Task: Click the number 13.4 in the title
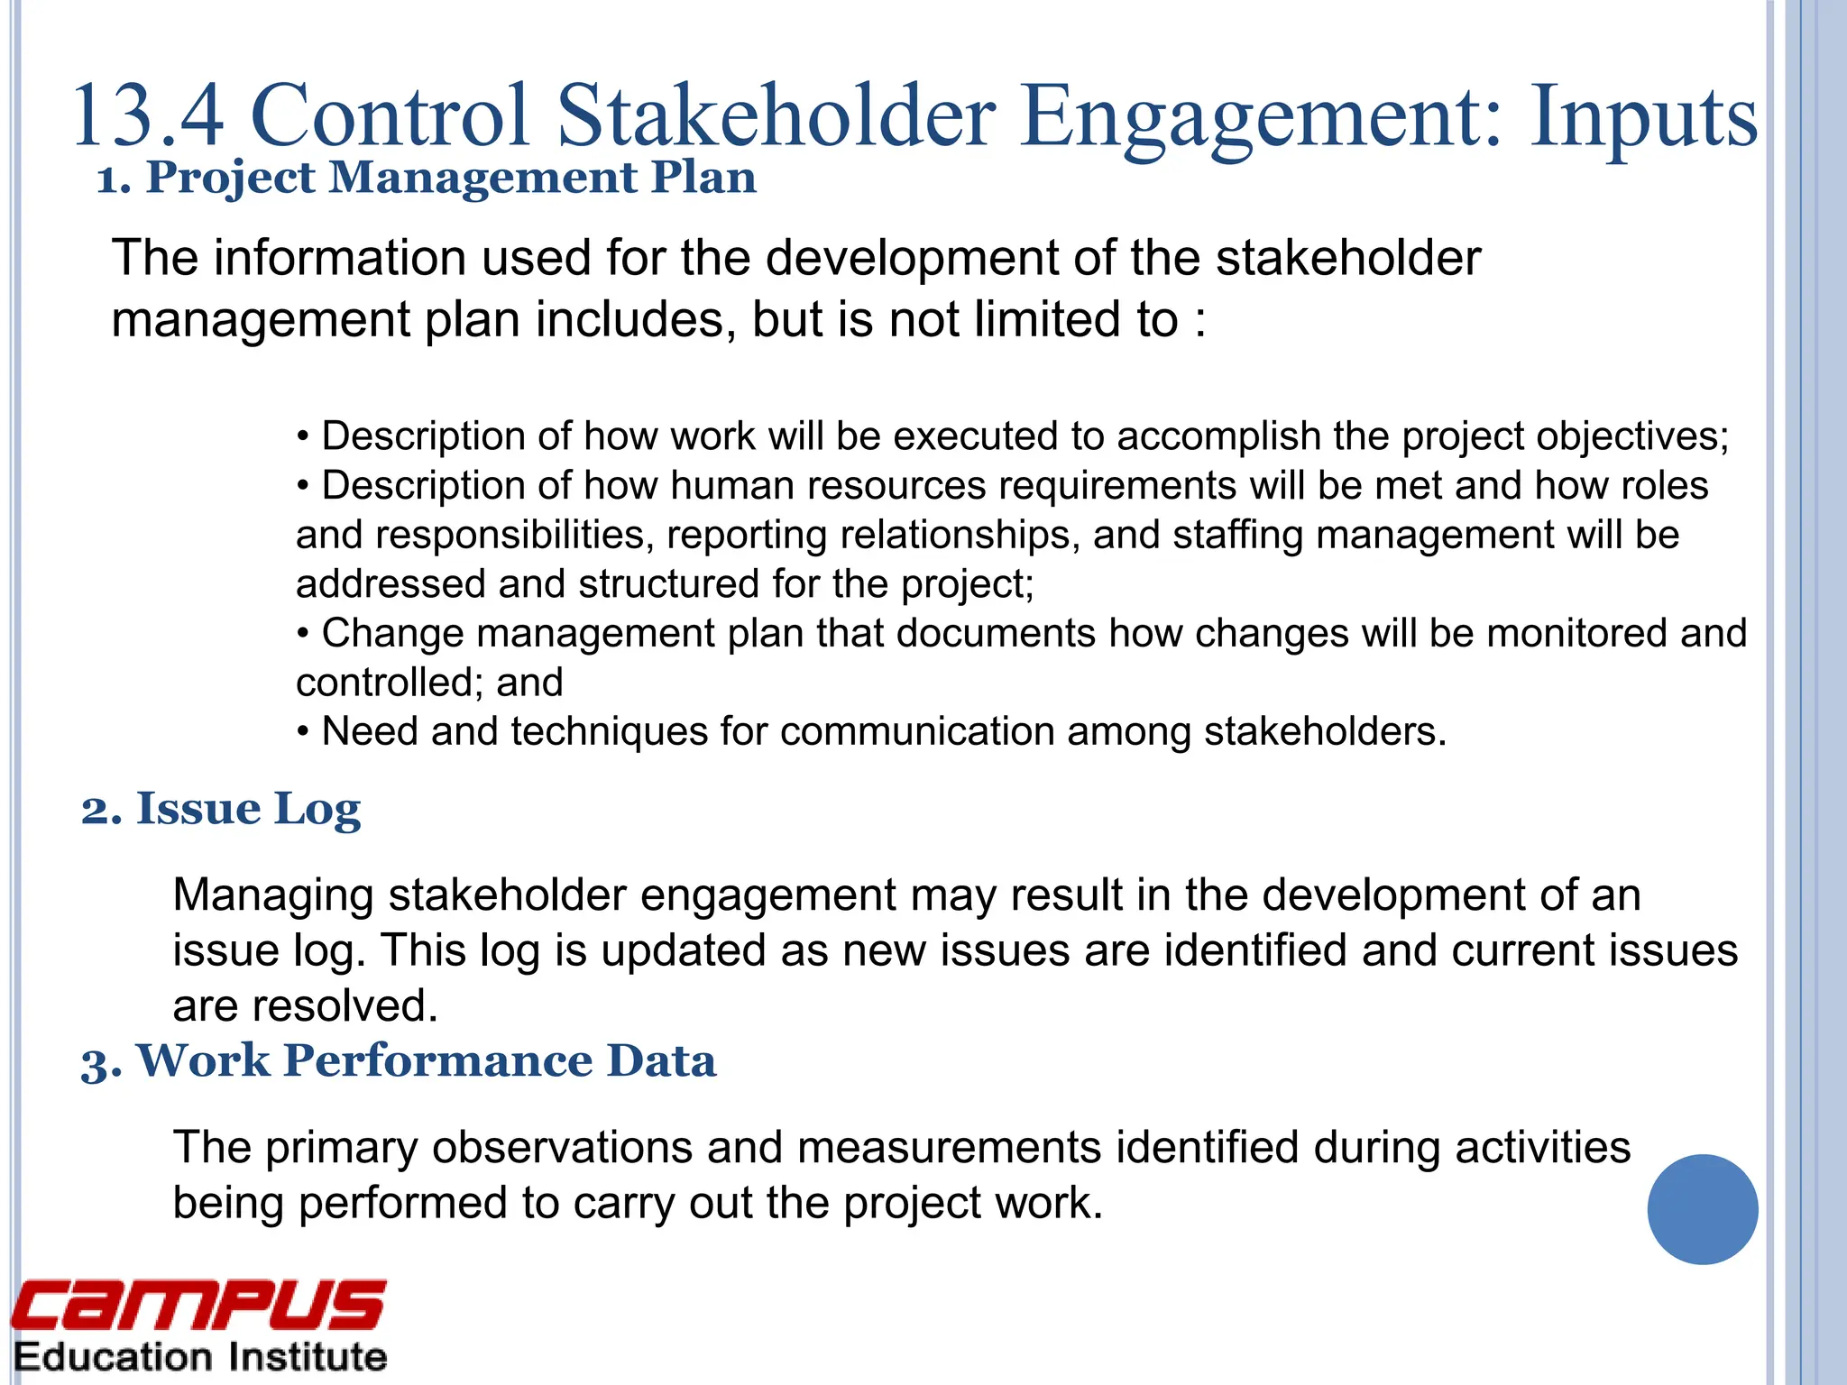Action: coord(147,115)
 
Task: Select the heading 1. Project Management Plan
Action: coord(427,177)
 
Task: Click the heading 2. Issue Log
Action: coord(221,808)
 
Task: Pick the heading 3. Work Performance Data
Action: coord(399,1059)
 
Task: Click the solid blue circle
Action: coord(1702,1209)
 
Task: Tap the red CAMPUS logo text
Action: coord(198,1306)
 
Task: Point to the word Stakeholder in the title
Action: coord(776,115)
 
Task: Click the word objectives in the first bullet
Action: coord(1631,437)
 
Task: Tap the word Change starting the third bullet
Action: coord(392,633)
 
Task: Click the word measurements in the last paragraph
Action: coord(949,1148)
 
